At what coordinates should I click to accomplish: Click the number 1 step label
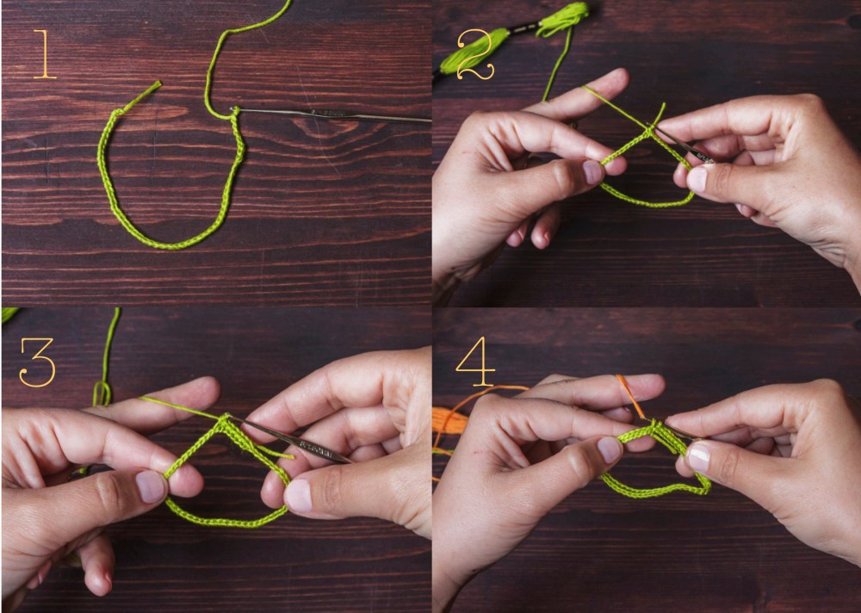(x=43, y=54)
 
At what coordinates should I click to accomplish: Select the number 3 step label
(x=37, y=362)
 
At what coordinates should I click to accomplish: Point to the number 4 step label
(x=475, y=362)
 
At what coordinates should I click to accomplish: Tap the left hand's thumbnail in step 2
(x=593, y=172)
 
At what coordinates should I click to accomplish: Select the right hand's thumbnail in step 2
(x=697, y=179)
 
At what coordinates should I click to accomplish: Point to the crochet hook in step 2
(x=684, y=146)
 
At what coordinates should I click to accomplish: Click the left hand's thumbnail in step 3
(x=151, y=486)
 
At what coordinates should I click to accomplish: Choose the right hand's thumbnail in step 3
(x=299, y=496)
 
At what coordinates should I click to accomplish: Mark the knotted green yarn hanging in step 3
(x=102, y=393)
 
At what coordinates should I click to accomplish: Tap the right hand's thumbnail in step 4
(x=698, y=456)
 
